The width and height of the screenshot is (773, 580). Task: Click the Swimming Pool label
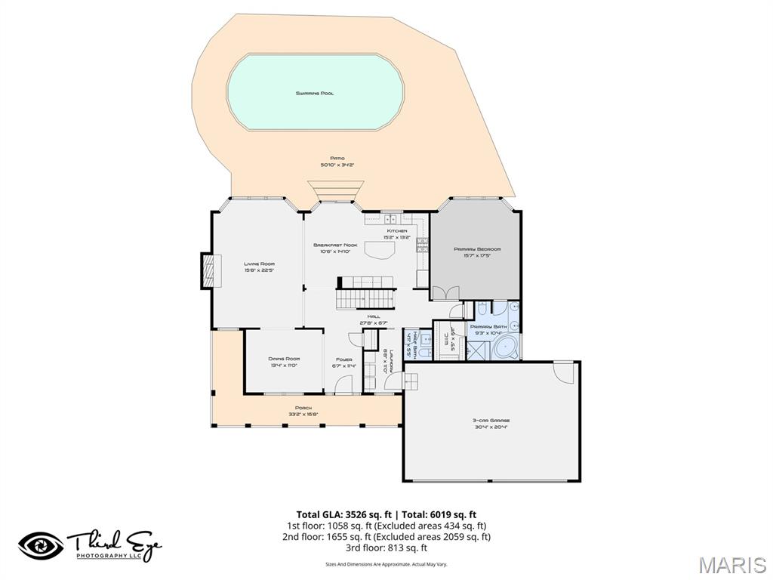click(x=315, y=94)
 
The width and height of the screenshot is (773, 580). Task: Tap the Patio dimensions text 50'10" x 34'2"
click(x=337, y=164)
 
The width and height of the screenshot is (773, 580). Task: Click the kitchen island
click(x=380, y=251)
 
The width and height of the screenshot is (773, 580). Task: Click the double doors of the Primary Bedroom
click(x=445, y=292)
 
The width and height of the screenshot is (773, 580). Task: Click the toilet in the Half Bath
click(x=424, y=351)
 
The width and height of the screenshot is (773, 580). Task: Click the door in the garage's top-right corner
click(x=563, y=372)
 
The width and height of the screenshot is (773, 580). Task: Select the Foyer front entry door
click(x=344, y=386)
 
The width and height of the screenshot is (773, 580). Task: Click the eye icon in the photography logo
click(x=42, y=546)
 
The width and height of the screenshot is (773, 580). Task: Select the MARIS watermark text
click(x=733, y=565)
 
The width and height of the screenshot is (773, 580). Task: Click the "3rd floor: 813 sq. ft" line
click(x=386, y=548)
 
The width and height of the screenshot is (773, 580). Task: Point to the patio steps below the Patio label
click(x=336, y=193)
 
